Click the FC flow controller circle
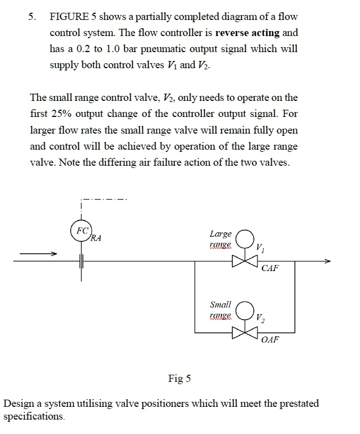[81, 230]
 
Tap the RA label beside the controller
[96, 239]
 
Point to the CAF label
[270, 268]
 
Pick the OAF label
[270, 339]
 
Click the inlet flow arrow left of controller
[39, 253]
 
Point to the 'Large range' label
[220, 239]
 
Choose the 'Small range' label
[220, 310]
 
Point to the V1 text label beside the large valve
[261, 248]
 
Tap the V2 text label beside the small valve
[261, 319]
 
